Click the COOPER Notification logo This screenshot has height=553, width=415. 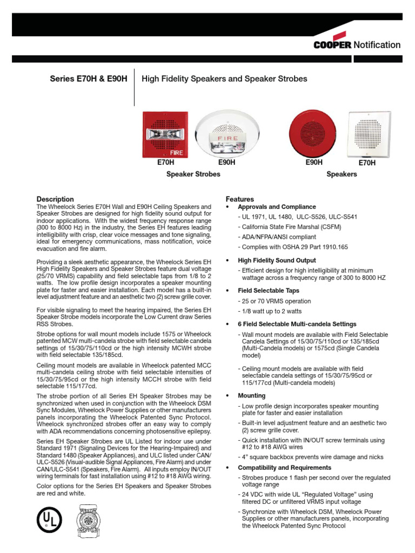tap(357, 45)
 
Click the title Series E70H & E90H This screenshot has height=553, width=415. tap(89, 79)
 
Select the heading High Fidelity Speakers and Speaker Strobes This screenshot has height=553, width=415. tap(224, 79)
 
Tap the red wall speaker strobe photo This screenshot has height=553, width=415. tap(163, 134)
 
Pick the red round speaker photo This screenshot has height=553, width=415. tap(314, 133)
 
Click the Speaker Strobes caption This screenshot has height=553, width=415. tap(193, 174)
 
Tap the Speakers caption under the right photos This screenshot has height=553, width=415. tap(342, 174)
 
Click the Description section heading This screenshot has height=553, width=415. tap(55, 199)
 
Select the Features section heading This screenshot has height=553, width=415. tap(239, 199)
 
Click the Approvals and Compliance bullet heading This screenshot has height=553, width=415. tap(277, 207)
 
